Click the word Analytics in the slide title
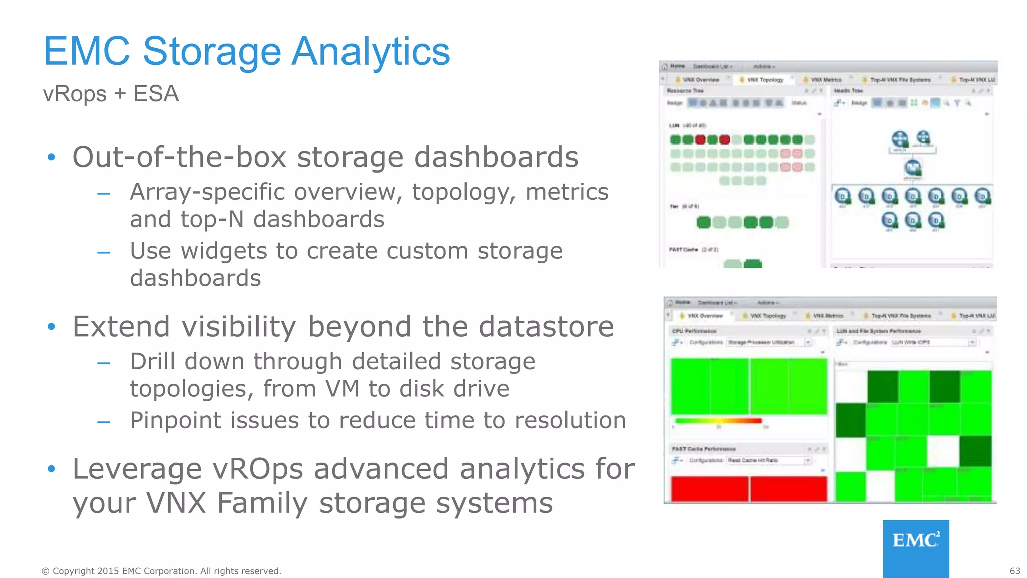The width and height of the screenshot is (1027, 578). point(371,52)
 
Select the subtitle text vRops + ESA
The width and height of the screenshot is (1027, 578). point(111,94)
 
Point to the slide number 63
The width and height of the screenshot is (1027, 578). point(1014,571)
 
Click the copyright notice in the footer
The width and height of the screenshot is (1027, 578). point(161,571)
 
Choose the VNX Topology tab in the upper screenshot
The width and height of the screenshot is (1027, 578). point(764,80)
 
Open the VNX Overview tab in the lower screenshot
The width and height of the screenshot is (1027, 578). point(704,316)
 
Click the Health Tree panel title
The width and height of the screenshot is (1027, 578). point(848,91)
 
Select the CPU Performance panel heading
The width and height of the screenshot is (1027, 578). point(694,331)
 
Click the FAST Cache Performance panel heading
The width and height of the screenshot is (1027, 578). point(704,449)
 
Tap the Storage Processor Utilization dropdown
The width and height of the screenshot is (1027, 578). point(769,342)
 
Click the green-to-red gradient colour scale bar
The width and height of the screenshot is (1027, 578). point(718,421)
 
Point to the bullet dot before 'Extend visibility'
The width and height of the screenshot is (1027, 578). point(51,327)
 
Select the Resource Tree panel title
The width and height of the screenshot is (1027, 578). point(685,91)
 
